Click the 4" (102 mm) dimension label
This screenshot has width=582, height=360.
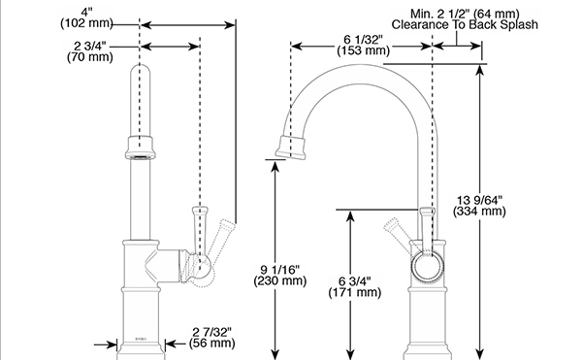point(86,17)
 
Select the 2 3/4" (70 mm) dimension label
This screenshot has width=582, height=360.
point(90,51)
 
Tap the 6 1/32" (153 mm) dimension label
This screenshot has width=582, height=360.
point(364,45)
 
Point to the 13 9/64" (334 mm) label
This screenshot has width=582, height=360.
point(479,206)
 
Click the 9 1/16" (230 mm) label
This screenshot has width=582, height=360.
point(280,275)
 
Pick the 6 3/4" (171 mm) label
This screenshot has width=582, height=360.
point(354,286)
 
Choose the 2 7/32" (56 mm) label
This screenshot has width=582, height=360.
point(211,338)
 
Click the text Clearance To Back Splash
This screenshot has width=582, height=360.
point(465,25)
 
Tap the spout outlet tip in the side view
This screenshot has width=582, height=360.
point(290,147)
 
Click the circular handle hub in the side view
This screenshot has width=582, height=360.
point(429,267)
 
